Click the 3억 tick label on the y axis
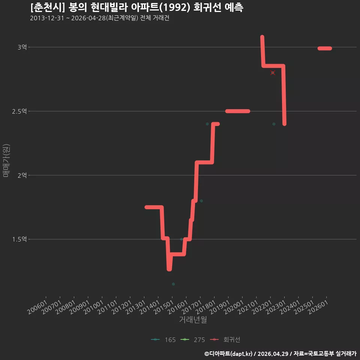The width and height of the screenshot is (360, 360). (x=22, y=47)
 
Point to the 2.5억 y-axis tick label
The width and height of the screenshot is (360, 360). (x=19, y=111)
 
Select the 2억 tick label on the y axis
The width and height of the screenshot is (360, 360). (x=22, y=175)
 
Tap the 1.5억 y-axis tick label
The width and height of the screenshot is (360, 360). (x=19, y=239)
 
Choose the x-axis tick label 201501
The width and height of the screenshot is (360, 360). (x=164, y=307)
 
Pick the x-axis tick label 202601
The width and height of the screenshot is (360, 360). (x=318, y=307)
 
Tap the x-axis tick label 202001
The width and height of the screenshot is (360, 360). (x=234, y=307)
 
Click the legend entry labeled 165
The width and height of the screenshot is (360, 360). (x=163, y=340)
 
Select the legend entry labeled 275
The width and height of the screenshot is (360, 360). (x=192, y=340)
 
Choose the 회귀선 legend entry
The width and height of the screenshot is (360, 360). (x=225, y=340)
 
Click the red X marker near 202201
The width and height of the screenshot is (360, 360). (x=273, y=73)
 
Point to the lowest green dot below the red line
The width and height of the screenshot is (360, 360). (x=173, y=284)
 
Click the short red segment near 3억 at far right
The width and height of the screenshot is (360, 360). (x=325, y=48)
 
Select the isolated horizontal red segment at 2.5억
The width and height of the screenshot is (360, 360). (x=238, y=111)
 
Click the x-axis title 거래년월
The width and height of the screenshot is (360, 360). (x=193, y=319)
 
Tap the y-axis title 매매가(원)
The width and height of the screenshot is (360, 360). (x=6, y=160)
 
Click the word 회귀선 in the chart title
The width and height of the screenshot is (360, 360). (x=207, y=7)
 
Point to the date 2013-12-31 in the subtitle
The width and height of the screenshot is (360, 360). (x=47, y=18)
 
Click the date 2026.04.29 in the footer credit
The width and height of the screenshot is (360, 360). (x=273, y=354)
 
